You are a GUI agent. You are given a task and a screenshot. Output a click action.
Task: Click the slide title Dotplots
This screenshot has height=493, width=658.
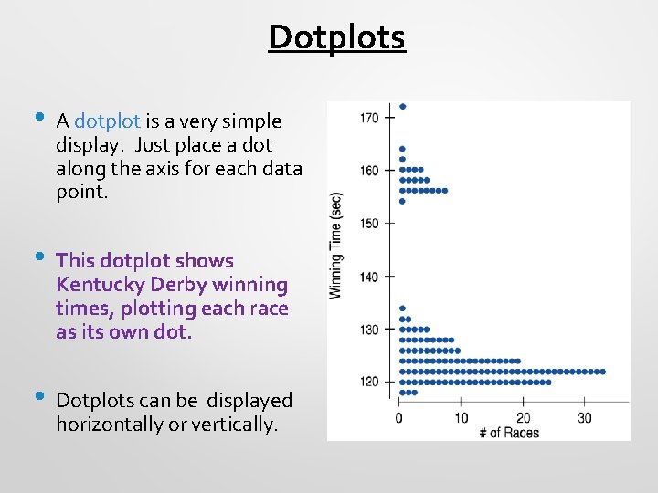pyautogui.click(x=336, y=37)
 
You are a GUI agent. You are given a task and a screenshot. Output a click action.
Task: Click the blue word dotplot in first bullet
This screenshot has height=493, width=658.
pyautogui.click(x=107, y=121)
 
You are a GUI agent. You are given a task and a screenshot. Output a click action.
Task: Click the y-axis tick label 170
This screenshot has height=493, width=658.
pyautogui.click(x=369, y=117)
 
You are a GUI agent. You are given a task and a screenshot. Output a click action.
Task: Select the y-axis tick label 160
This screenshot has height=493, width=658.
pyautogui.click(x=369, y=170)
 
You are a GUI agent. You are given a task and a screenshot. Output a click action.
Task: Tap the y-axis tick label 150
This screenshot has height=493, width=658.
pyautogui.click(x=369, y=223)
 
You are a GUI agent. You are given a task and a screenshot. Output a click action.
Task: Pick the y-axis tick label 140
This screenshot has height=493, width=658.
pyautogui.click(x=369, y=276)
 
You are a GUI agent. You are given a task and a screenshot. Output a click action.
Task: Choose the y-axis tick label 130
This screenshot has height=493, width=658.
pyautogui.click(x=369, y=329)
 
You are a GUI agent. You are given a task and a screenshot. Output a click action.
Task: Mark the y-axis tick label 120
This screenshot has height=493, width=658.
pyautogui.click(x=369, y=382)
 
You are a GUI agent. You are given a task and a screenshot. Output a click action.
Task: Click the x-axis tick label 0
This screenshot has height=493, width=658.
pyautogui.click(x=398, y=418)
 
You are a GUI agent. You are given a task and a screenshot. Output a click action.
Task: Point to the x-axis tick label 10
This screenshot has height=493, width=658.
pyautogui.click(x=461, y=418)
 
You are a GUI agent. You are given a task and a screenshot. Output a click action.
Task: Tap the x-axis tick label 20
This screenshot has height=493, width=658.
pyautogui.click(x=523, y=418)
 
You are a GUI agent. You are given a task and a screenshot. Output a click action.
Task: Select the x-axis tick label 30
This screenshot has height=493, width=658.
pyautogui.click(x=585, y=418)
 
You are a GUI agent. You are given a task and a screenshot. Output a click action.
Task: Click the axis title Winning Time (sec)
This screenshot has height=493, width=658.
pyautogui.click(x=335, y=245)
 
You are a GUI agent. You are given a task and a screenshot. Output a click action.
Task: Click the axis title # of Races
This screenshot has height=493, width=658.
pyautogui.click(x=508, y=432)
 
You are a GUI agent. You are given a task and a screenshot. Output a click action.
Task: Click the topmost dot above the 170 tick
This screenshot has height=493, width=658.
pyautogui.click(x=402, y=107)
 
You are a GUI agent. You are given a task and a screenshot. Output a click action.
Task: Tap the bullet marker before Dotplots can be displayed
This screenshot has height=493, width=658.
pyautogui.click(x=36, y=397)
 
